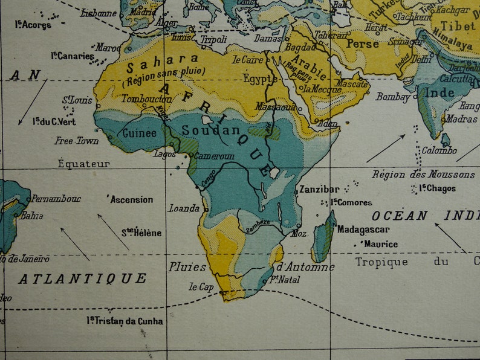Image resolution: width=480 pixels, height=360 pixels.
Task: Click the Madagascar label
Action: pyautogui.click(x=363, y=230)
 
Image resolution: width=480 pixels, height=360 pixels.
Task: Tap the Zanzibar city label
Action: pyautogui.click(x=319, y=190)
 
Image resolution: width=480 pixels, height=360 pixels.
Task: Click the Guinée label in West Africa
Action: pyautogui.click(x=139, y=133)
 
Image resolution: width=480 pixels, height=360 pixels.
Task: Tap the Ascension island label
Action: pyautogui.click(x=132, y=199)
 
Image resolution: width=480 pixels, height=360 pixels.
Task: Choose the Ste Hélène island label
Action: pyautogui.click(x=142, y=233)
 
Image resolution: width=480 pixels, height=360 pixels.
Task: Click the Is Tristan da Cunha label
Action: pyautogui.click(x=125, y=321)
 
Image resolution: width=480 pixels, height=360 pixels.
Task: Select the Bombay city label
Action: pyautogui.click(x=393, y=97)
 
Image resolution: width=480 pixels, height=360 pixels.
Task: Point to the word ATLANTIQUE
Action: pyautogui.click(x=82, y=278)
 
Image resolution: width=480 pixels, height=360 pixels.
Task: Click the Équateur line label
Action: pyautogui.click(x=84, y=164)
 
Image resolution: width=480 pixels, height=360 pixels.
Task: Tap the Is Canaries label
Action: pyautogui.click(x=73, y=56)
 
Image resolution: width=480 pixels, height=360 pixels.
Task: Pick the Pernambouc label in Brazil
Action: pyautogui.click(x=56, y=199)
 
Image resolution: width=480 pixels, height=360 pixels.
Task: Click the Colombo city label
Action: pyautogui.click(x=439, y=150)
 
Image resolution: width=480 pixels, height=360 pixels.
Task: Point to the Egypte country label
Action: pyautogui.click(x=260, y=79)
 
